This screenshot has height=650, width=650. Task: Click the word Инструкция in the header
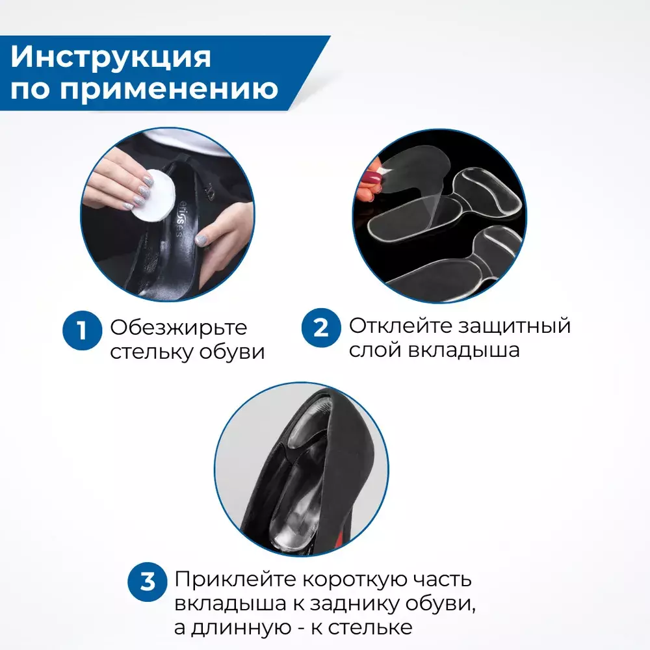(x=110, y=57)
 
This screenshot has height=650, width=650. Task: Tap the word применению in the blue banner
(x=169, y=88)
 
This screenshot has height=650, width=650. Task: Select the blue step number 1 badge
(x=82, y=330)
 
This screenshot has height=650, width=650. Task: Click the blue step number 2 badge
(x=321, y=328)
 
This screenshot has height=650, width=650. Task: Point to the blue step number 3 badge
(x=147, y=582)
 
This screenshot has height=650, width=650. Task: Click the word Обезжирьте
(x=179, y=328)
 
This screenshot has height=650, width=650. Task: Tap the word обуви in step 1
(x=232, y=352)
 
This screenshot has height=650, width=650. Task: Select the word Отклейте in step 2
(x=400, y=326)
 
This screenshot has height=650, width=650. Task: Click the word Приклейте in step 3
(x=235, y=580)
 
